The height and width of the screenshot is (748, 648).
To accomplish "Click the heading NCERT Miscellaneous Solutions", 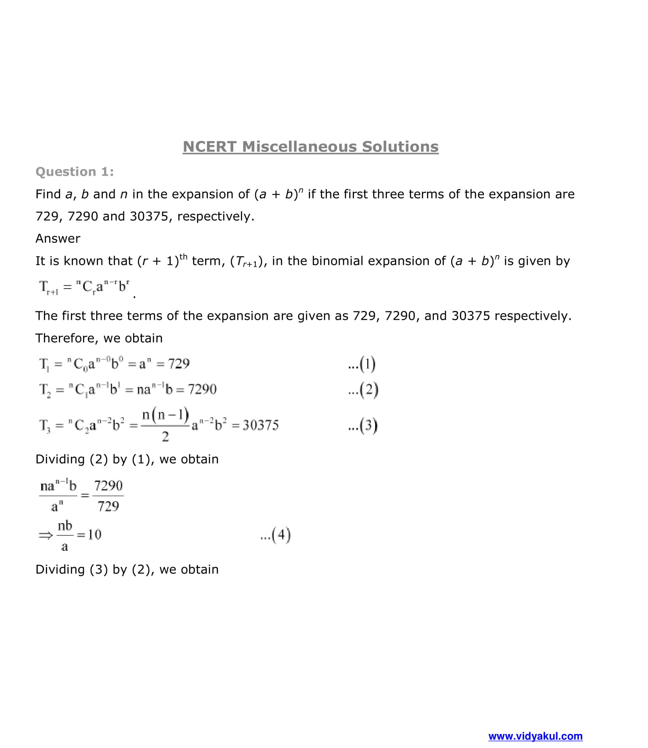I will point(311,147).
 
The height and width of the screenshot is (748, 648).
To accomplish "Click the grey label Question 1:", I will point(75,172).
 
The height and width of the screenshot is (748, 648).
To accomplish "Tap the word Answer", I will point(58,238).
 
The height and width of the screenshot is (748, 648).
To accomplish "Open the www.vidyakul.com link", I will point(535,736).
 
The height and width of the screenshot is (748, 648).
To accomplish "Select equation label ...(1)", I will point(362,364).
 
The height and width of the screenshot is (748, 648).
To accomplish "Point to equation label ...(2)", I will point(363,390).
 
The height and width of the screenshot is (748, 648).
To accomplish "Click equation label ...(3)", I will point(362,426).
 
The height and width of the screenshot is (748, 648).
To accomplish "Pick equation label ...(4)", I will point(275,535).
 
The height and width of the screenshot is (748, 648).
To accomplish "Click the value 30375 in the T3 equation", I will point(261,425).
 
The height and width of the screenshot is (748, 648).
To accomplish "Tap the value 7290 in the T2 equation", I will point(202,389).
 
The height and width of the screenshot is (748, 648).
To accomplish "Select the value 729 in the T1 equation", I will point(179,364).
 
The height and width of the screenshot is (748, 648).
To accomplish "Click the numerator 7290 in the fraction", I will point(109,486).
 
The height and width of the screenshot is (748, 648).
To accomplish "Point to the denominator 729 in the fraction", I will point(108,506).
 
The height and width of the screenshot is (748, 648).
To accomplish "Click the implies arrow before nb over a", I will point(45,535).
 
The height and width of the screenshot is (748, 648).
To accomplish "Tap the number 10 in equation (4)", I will point(94,535).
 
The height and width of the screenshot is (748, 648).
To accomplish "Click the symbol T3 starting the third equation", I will point(45,425).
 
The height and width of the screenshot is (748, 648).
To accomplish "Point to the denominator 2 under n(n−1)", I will point(165,437).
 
